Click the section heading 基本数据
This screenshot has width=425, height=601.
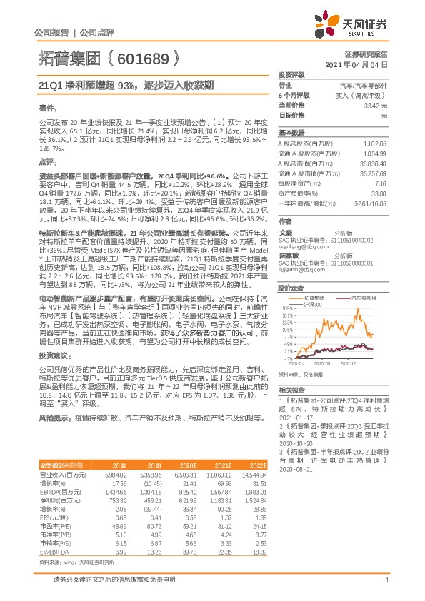tap(291, 133)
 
